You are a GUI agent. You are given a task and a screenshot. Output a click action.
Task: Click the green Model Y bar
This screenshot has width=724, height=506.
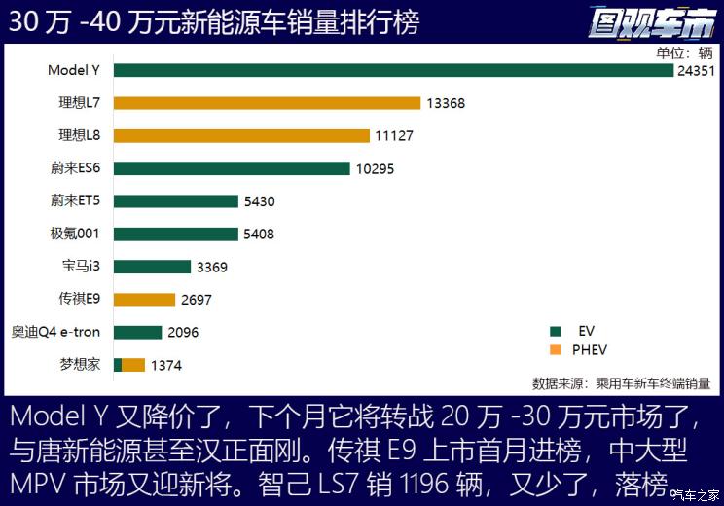coord(393,71)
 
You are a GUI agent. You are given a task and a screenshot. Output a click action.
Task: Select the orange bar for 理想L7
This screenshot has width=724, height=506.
coord(268,103)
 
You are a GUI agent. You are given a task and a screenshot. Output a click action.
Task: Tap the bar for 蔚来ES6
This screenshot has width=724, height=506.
coord(232,168)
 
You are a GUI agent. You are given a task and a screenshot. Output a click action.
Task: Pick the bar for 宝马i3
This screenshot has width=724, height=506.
coord(153,267)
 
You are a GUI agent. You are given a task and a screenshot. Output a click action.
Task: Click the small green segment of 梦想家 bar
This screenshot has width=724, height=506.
coord(118,365)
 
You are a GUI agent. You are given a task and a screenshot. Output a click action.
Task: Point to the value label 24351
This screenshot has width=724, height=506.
coord(696,71)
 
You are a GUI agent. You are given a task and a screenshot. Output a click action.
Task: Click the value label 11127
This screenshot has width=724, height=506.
coord(394,136)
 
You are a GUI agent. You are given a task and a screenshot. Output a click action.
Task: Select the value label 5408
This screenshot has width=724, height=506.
coord(259,235)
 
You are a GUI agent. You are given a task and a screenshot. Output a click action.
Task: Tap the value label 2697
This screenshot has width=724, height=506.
coord(197,300)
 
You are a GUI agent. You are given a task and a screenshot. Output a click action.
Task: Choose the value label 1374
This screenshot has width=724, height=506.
coord(166,366)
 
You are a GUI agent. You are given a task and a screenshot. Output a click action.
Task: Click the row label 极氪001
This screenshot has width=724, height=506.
coord(75,234)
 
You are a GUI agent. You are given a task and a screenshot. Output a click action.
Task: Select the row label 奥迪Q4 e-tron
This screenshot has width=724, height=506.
coord(55,332)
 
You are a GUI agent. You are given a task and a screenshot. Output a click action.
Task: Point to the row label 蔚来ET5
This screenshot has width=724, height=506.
coord(75,200)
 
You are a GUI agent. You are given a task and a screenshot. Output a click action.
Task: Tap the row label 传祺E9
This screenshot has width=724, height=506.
coord(80,299)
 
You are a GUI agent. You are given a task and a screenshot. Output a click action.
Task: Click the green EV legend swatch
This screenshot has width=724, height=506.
coord(556,331)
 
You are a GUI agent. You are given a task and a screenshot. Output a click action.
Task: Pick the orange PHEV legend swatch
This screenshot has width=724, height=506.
coord(556,350)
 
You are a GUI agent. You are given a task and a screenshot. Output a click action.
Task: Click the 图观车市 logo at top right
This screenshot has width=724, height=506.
coord(652,22)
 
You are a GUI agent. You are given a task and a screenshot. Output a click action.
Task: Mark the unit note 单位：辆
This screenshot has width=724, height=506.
coord(684,54)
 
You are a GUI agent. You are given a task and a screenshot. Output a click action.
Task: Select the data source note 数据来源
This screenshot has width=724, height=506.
coord(622,383)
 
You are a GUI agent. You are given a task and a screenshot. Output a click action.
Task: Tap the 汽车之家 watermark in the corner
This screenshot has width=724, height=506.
coord(697,496)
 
